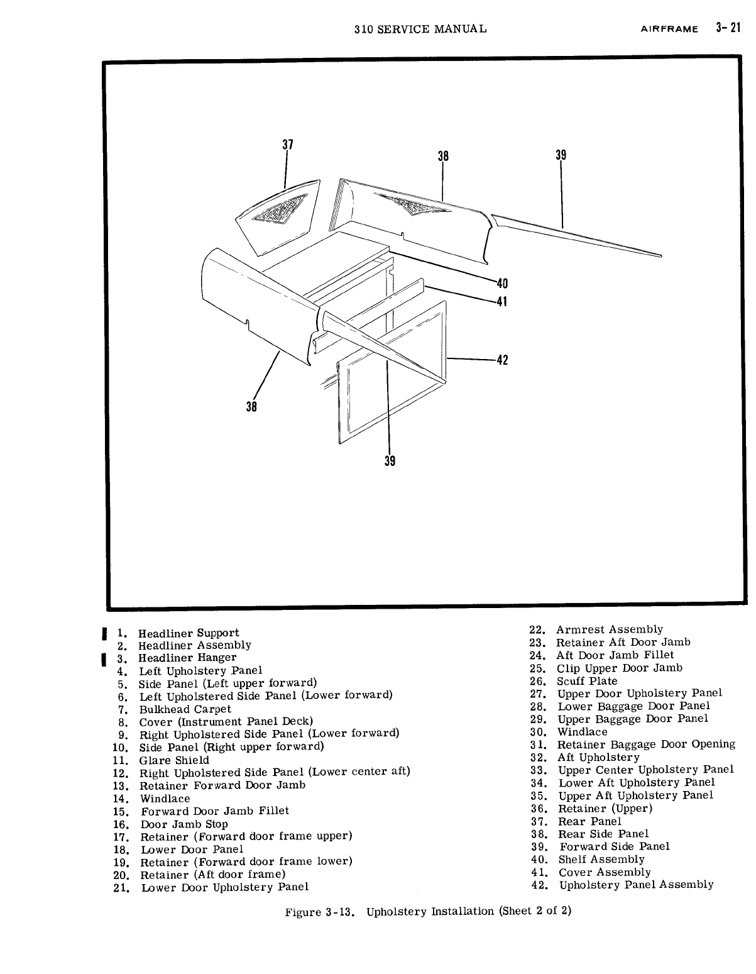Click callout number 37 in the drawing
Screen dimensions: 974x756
coord(287,145)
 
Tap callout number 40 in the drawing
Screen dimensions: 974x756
coord(501,284)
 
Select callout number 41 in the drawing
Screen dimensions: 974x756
coord(501,302)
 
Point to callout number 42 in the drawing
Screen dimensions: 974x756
coord(501,360)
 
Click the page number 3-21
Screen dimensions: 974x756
coord(728,28)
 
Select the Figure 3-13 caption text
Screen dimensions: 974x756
coord(428,911)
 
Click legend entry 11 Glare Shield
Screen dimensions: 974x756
coord(174,760)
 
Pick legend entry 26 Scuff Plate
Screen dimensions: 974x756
coord(587,681)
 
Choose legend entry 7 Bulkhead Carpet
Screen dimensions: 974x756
coord(185,709)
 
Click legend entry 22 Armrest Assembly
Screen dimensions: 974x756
coord(609,629)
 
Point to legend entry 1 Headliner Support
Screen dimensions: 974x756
coord(188,633)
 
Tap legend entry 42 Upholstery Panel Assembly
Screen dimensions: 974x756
coord(636,885)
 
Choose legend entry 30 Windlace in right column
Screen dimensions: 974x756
coord(582,732)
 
